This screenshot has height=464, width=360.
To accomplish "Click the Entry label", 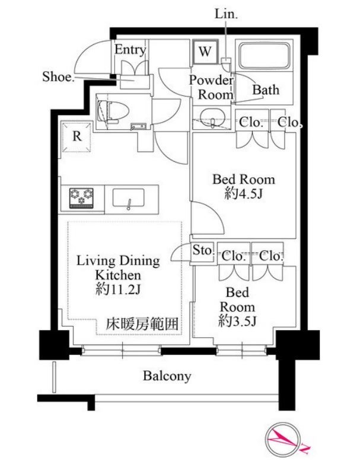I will (x=130, y=50).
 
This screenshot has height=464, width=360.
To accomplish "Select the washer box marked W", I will (x=205, y=51).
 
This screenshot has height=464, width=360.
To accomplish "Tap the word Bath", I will (x=265, y=90).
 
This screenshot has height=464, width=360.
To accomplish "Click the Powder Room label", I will (x=211, y=87).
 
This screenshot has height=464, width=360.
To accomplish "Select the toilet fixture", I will (x=109, y=111).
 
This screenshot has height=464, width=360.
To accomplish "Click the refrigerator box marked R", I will (x=77, y=136).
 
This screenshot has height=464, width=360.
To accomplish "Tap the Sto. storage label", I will (x=202, y=251).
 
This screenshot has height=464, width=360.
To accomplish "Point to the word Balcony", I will (x=167, y=376).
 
